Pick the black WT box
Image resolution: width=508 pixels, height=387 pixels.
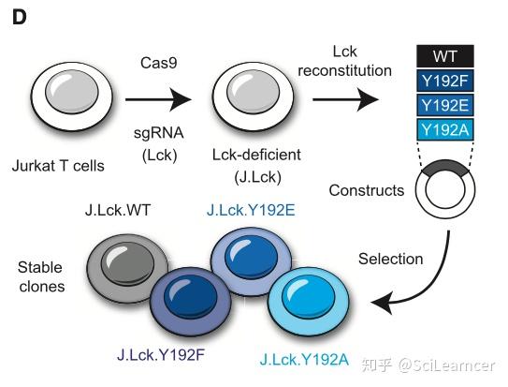445,56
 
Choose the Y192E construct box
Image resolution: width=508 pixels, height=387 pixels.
445,104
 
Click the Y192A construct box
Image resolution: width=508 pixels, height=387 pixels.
445,129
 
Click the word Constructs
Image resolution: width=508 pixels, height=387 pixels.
367,191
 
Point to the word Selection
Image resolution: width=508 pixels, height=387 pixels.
392,258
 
